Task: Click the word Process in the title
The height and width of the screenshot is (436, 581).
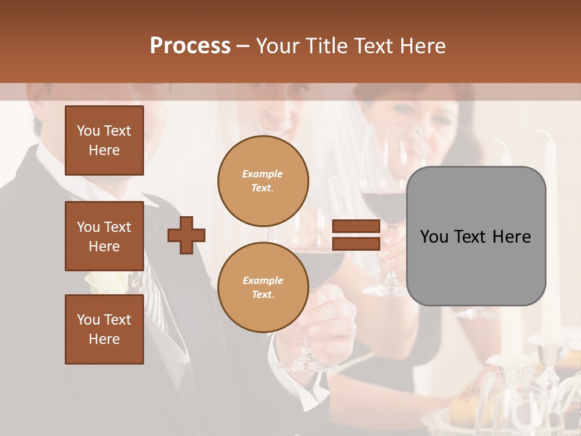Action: pyautogui.click(x=190, y=46)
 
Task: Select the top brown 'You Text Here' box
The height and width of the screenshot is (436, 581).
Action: pyautogui.click(x=104, y=140)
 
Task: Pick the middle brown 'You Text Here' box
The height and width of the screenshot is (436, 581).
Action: pyautogui.click(x=104, y=236)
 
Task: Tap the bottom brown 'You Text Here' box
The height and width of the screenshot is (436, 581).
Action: pyautogui.click(x=104, y=329)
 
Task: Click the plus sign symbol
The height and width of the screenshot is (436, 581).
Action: pyautogui.click(x=186, y=236)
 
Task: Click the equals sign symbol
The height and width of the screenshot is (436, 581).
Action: pyautogui.click(x=356, y=235)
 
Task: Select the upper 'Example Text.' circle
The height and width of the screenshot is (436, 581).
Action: pyautogui.click(x=263, y=180)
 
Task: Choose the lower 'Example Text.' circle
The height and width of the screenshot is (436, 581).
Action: pyautogui.click(x=263, y=287)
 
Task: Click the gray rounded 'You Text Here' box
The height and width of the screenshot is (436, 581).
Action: pyautogui.click(x=476, y=236)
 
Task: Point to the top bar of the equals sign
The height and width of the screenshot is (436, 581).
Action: pyautogui.click(x=356, y=226)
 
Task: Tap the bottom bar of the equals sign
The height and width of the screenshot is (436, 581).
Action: pyautogui.click(x=356, y=243)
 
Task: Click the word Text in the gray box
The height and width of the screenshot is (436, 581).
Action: pyautogui.click(x=476, y=237)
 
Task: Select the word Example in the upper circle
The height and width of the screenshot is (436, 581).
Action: pyautogui.click(x=263, y=174)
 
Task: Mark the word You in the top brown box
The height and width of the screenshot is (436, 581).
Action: pyautogui.click(x=88, y=131)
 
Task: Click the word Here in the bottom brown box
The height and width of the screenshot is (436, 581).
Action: pyautogui.click(x=104, y=339)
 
